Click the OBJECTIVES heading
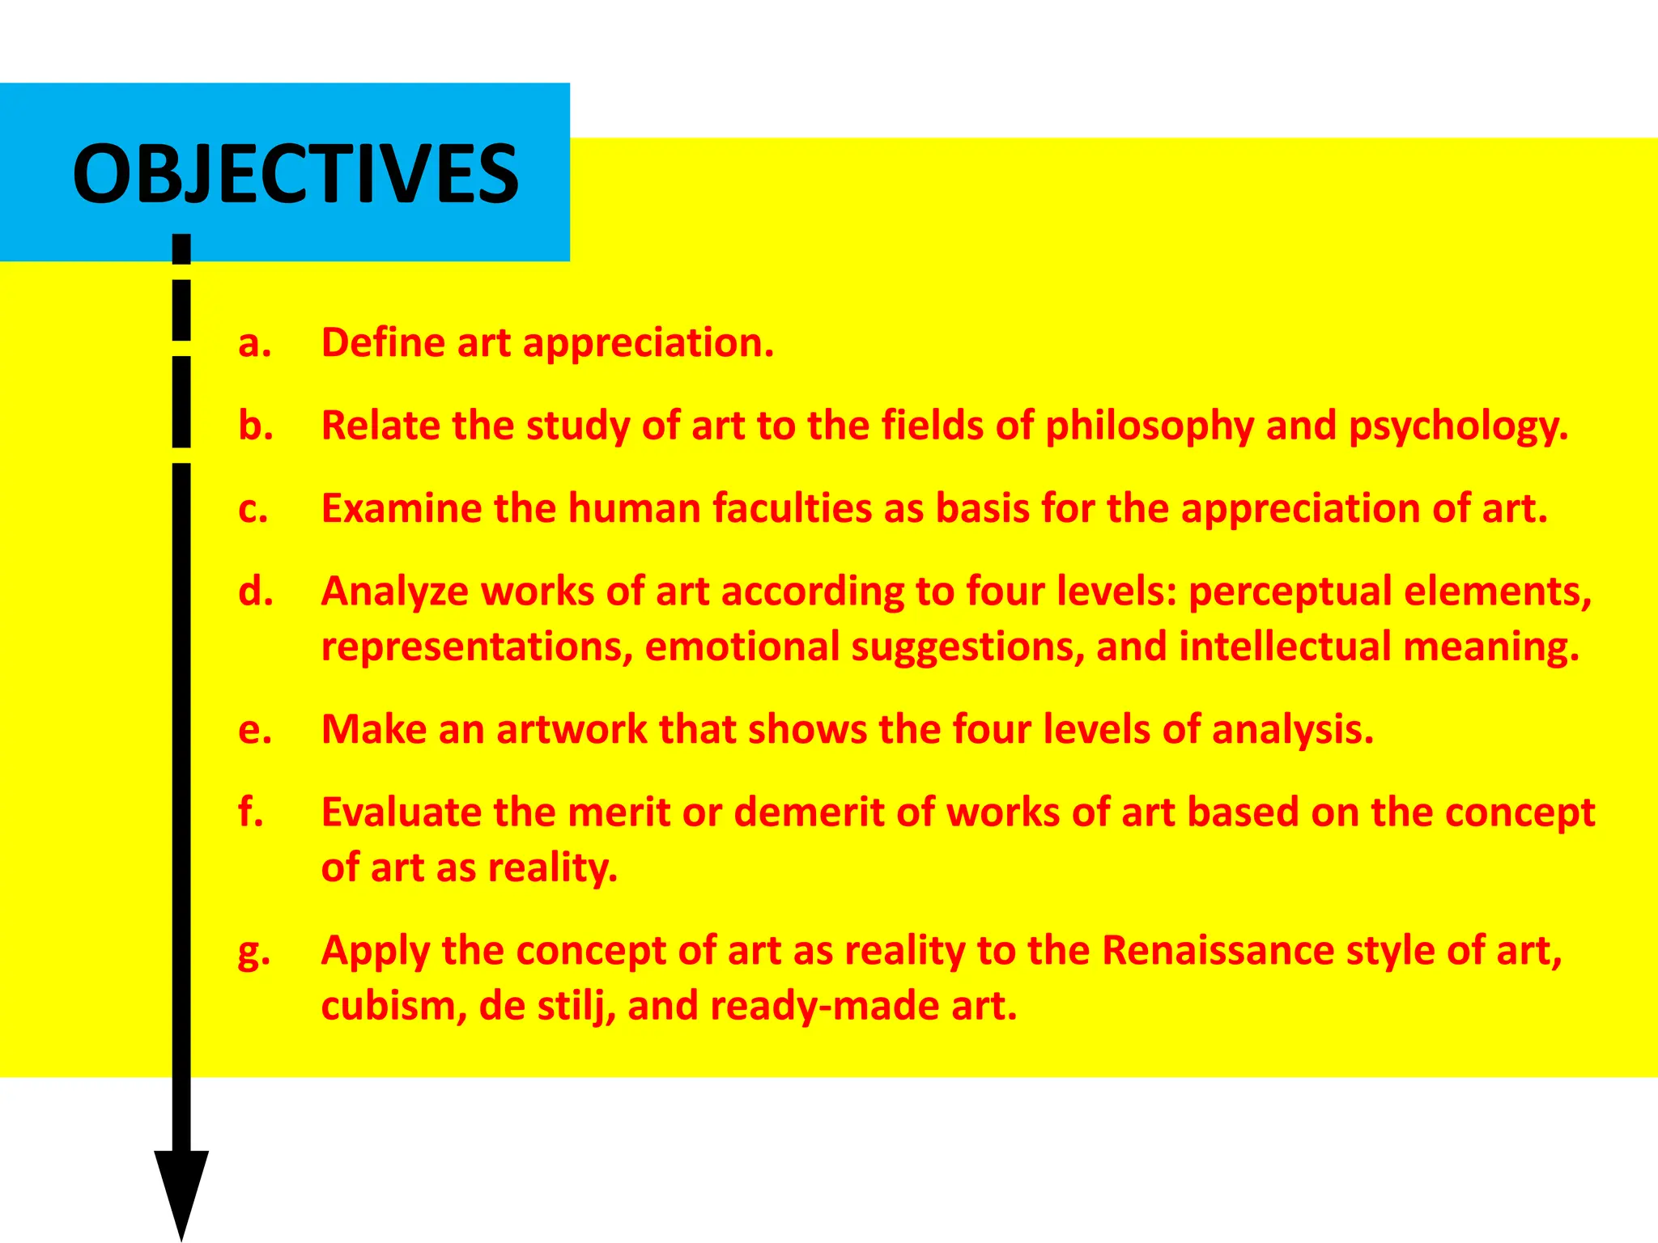[x=295, y=174]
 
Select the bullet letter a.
[x=254, y=343]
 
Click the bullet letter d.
[x=256, y=591]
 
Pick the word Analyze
[x=395, y=592]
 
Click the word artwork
[x=572, y=729]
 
